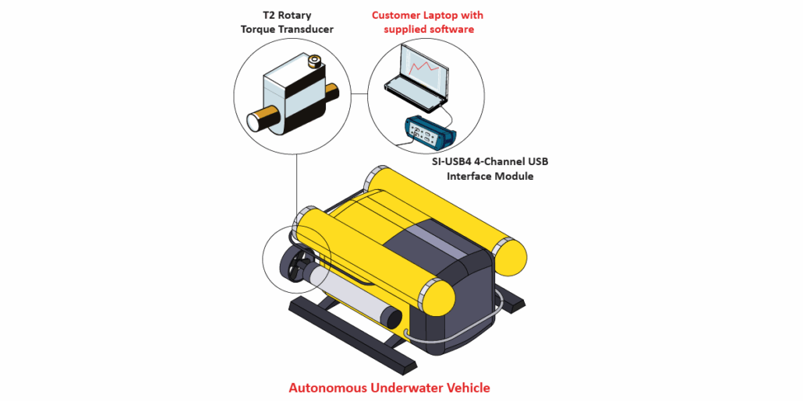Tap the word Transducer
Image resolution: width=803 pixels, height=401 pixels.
tap(308, 30)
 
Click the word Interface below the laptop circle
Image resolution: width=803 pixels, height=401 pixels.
tap(471, 176)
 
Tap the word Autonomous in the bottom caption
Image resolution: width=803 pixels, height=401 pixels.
tap(327, 387)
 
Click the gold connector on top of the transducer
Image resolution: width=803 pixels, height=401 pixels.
tap(315, 61)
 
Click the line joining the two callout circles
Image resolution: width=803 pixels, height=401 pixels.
tap(359, 93)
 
